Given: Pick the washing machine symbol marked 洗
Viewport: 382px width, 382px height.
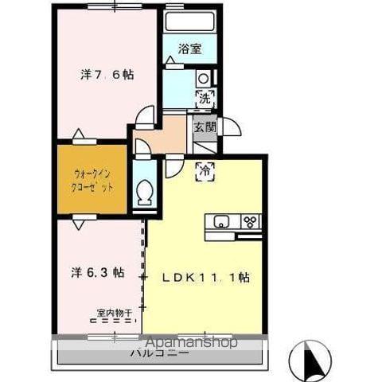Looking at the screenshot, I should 205,99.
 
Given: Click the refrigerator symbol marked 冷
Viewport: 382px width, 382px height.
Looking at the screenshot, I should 205,169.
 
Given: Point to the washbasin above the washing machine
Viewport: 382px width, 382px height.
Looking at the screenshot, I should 203,79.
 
